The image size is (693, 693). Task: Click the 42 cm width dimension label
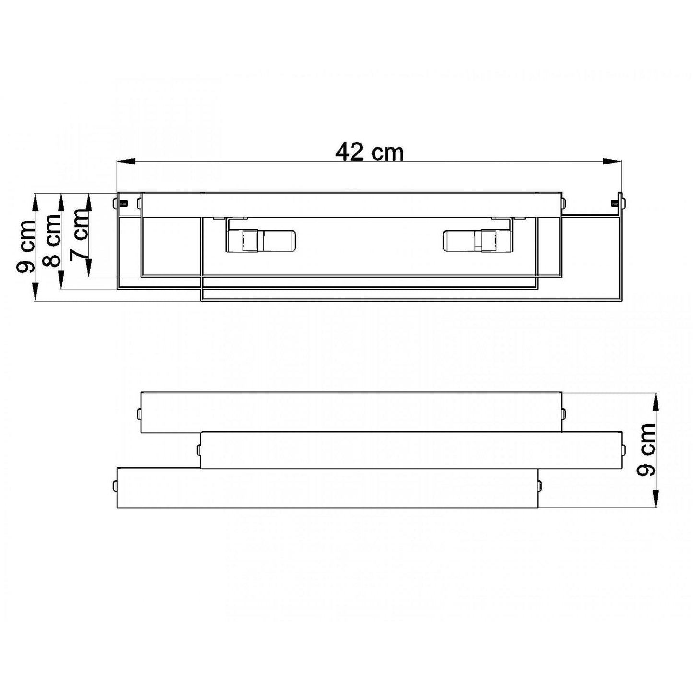[369, 153]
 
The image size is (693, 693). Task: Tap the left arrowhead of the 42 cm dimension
[126, 162]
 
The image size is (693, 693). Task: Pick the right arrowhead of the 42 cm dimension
[612, 162]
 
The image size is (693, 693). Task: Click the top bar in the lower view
[351, 412]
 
